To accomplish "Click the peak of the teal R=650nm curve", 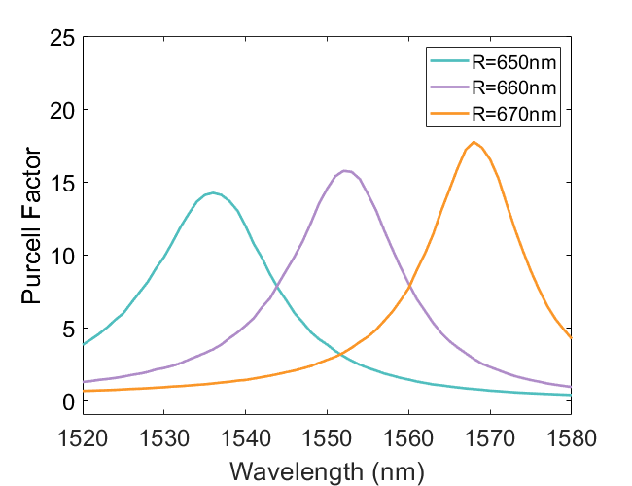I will point(213,192).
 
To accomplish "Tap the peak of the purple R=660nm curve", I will point(344,170).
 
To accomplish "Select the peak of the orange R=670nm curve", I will point(474,142).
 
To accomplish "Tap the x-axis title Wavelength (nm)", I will point(327,472).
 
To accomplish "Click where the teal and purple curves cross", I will point(277,285).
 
